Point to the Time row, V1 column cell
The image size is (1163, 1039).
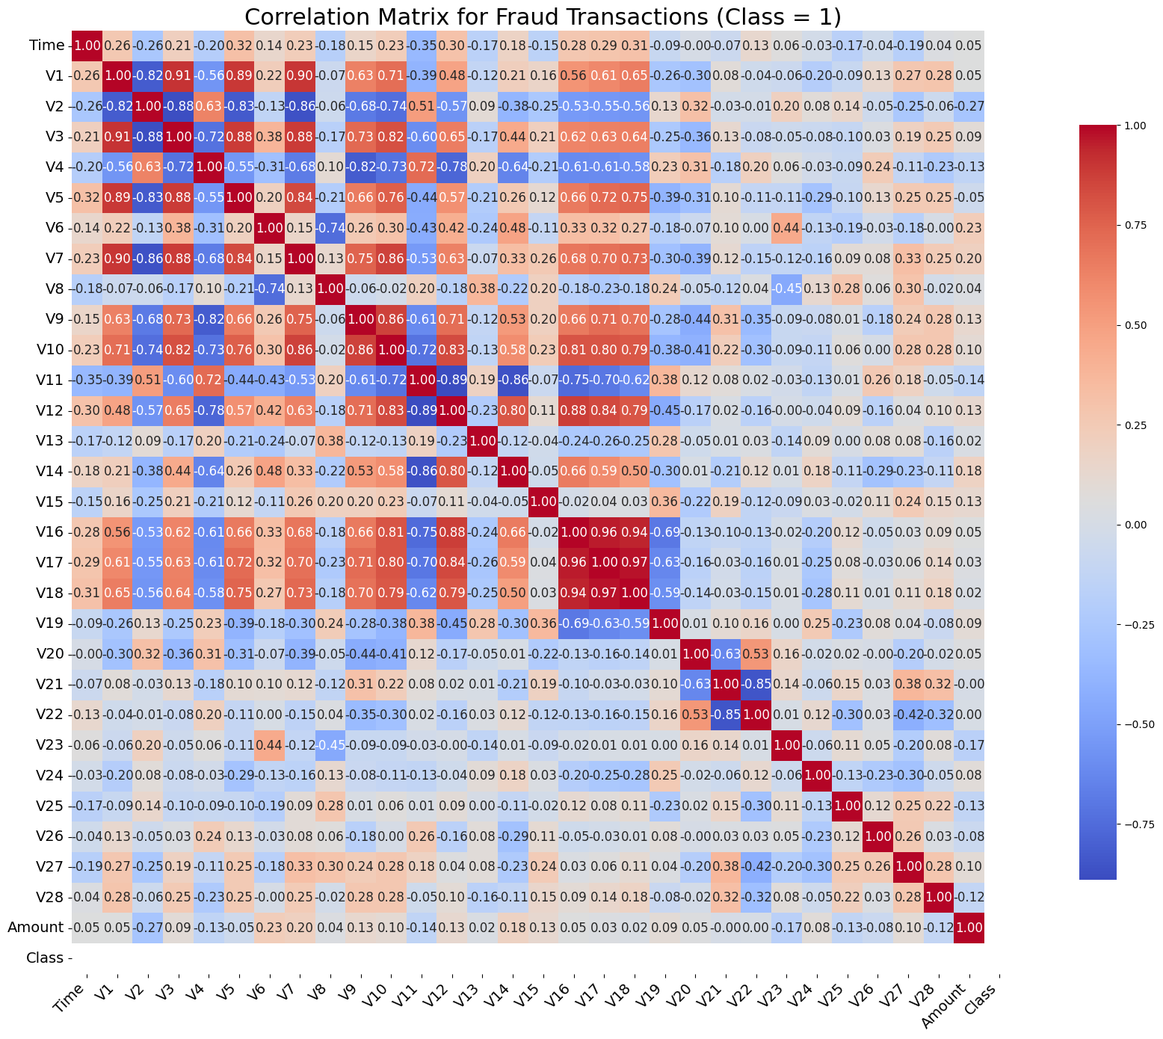pyautogui.click(x=117, y=46)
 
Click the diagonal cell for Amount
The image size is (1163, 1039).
pyautogui.click(x=969, y=928)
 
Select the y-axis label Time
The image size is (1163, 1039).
pyautogui.click(x=46, y=46)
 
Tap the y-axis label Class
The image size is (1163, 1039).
pyautogui.click(x=44, y=958)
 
